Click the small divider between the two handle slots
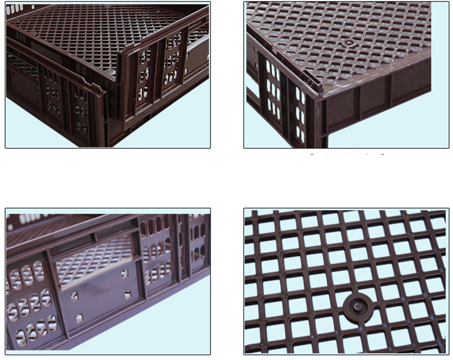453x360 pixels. point(95,236)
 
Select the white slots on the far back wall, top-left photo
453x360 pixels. point(16,8)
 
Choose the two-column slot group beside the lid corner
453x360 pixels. point(299,113)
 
